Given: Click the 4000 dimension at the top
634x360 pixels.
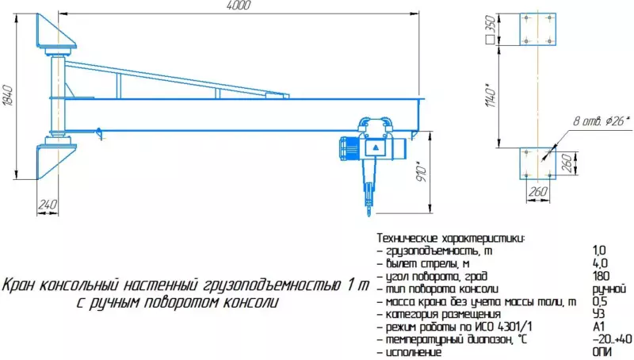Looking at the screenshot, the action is [x=239, y=6].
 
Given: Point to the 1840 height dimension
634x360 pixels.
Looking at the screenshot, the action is [x=8, y=95].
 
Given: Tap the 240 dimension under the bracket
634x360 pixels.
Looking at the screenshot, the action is [x=48, y=205].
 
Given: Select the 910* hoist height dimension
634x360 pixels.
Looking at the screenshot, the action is [x=422, y=172].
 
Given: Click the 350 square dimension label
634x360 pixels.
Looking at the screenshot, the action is [x=490, y=29].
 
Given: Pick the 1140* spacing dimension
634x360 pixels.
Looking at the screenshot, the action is [x=490, y=95].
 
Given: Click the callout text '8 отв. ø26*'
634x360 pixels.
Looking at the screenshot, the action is [x=602, y=121].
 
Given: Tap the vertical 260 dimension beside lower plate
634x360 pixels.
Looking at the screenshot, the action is [x=567, y=163].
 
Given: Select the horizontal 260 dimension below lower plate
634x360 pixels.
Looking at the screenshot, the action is [x=538, y=191].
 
